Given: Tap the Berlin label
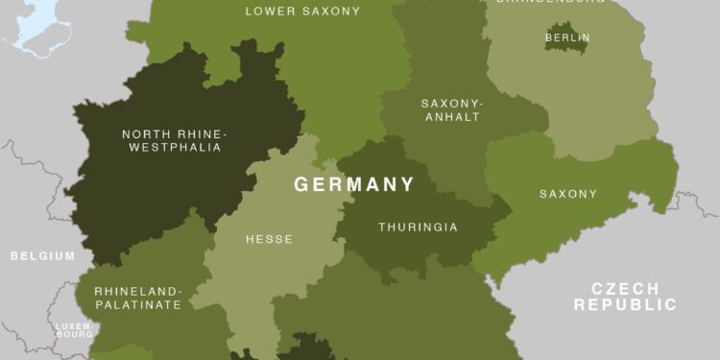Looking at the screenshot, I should (567, 38).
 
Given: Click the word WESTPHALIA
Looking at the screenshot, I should (172, 148).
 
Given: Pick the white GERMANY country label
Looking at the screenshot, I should (354, 184).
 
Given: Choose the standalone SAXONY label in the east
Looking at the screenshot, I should (567, 194).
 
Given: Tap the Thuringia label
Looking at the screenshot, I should (418, 228).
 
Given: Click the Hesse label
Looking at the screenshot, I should (269, 239).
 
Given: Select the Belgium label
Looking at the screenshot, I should (42, 256).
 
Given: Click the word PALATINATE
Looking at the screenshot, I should (137, 304).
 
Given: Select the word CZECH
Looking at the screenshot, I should (625, 289).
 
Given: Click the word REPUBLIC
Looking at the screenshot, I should (625, 305).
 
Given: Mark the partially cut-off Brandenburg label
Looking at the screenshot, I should (538, 2).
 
